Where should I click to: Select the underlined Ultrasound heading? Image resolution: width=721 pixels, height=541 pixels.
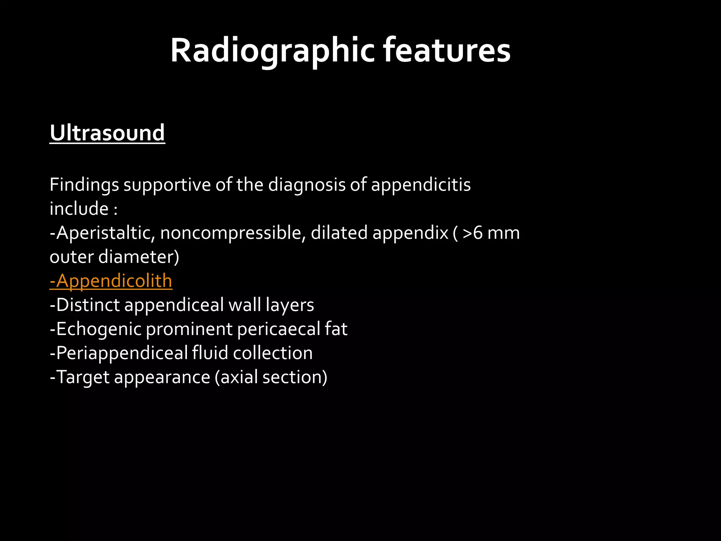pyautogui.click(x=107, y=133)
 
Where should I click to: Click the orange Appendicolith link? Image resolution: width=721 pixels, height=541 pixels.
pyautogui.click(x=111, y=281)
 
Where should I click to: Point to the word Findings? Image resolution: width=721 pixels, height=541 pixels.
pyautogui.click(x=84, y=185)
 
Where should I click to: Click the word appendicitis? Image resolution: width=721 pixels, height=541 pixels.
pyautogui.click(x=421, y=185)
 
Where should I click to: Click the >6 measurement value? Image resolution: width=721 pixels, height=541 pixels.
pyautogui.click(x=473, y=233)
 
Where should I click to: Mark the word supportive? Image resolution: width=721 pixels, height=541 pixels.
pyautogui.click(x=167, y=185)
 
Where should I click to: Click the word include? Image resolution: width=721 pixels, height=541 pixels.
pyautogui.click(x=79, y=209)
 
